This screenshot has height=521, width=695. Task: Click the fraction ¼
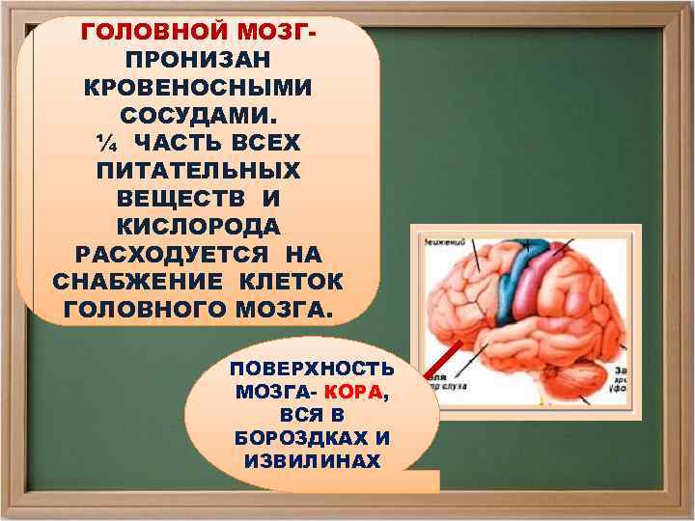click(x=103, y=144)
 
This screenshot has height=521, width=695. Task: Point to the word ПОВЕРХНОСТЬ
click(x=312, y=370)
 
